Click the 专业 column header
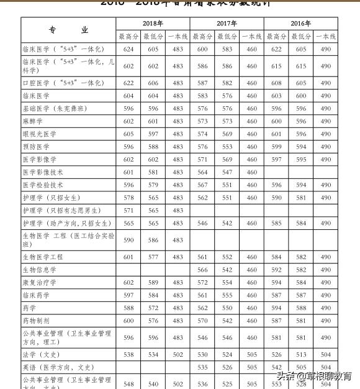pos(68,30)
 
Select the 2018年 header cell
pos(153,24)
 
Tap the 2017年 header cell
pos(227,24)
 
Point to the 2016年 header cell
pos(300,24)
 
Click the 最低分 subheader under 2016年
pos(301,37)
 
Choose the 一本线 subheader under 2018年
pos(178,37)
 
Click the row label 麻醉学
pos(33,121)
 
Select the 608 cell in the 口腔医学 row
pos(276,83)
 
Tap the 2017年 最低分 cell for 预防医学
pos(227,147)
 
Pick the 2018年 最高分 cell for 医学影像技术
pos(128,172)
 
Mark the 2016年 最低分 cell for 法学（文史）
pos(301,354)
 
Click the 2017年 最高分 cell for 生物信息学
pos(202,270)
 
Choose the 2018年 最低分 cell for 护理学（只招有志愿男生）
pos(153,211)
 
